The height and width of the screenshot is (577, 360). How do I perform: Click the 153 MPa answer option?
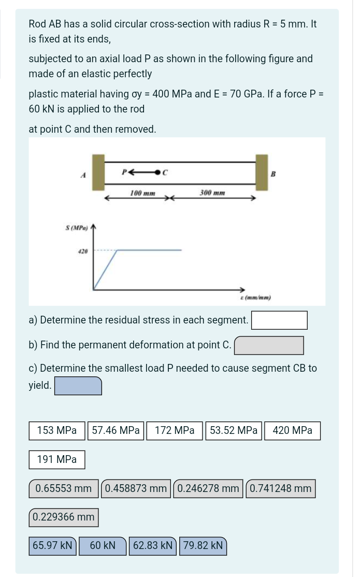pos(57,430)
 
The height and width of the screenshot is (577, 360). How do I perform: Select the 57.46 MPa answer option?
pos(116,430)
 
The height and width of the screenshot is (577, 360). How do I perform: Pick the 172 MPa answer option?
pos(175,430)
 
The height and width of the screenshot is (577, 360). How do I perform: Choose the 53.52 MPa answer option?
pos(234,430)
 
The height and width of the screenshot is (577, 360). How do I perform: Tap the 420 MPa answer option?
pos(293,430)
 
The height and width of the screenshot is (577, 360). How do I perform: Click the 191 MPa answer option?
pos(57,459)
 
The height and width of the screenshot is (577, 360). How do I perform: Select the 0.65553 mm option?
pos(63,488)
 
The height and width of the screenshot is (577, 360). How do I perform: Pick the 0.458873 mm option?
pos(136,488)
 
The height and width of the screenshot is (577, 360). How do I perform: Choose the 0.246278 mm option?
pos(208,488)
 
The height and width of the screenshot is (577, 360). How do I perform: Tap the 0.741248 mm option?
pos(280,488)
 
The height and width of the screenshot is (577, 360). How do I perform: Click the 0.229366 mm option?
pos(63,517)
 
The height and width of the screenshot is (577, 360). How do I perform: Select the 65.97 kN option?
pos(52,546)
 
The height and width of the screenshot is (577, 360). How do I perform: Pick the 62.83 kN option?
pos(153,546)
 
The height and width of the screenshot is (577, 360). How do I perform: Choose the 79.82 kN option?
pos(203,546)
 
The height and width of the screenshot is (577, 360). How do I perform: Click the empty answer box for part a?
pos(279,320)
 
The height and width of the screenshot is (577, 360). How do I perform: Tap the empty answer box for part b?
pos(269,345)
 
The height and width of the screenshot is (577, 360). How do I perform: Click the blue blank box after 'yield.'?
pos(78,386)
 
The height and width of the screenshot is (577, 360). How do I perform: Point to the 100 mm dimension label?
pos(143,193)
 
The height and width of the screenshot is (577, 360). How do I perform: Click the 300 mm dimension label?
pos(212,193)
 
